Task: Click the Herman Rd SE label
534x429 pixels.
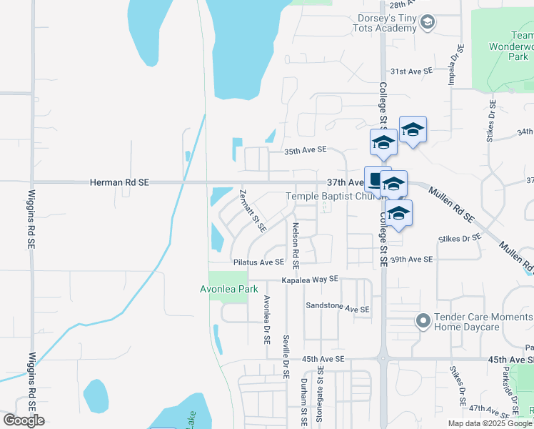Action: [x=119, y=183]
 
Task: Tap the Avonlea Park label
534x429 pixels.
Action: [x=228, y=290]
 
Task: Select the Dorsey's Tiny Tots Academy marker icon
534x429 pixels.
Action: [x=427, y=23]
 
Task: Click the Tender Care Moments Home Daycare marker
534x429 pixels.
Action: [x=422, y=321]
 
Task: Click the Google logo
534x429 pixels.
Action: [x=24, y=420]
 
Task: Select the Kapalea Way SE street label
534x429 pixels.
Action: [x=308, y=280]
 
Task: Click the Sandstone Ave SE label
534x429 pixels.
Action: [x=338, y=308]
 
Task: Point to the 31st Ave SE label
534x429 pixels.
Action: [x=410, y=71]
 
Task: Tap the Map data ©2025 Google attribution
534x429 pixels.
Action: [x=488, y=423]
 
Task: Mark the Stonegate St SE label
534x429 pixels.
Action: [x=321, y=397]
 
